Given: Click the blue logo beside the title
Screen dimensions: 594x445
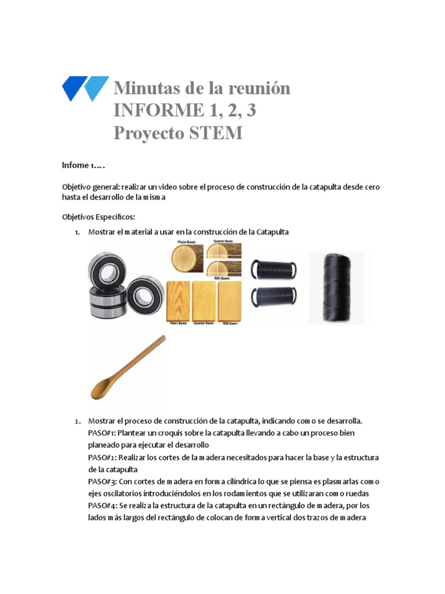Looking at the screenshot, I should point(85,89).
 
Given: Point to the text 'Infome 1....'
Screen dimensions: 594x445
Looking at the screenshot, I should point(83,165).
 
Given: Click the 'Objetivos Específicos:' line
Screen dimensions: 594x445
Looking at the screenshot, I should point(98,217).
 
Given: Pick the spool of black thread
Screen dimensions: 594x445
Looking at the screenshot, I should point(340,288).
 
